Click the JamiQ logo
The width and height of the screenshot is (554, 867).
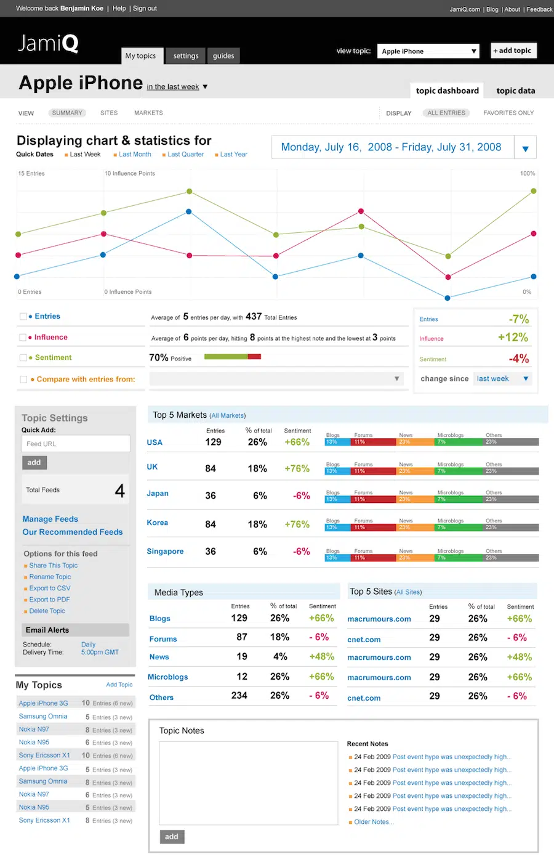[48, 43]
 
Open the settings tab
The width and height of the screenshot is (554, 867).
[185, 55]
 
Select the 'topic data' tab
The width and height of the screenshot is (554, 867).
[515, 91]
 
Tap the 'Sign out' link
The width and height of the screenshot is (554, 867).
[145, 9]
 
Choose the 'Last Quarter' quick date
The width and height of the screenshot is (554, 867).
[185, 155]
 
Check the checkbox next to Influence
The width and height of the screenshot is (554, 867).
[23, 338]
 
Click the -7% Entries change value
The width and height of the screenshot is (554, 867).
[518, 319]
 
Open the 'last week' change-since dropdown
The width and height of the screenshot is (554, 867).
[502, 379]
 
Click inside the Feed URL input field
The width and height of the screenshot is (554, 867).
[76, 444]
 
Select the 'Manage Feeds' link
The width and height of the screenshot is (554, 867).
[50, 519]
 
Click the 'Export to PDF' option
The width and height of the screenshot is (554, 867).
[49, 600]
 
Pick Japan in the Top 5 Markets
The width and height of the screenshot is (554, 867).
[158, 494]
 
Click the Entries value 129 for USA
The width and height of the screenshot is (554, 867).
[213, 442]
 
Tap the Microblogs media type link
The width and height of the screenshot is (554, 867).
[168, 677]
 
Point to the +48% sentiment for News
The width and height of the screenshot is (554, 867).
[321, 657]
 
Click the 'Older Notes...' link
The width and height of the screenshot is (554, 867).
[374, 822]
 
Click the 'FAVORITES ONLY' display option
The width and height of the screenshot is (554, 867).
[508, 113]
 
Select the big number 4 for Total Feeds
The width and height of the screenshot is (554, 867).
[119, 490]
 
